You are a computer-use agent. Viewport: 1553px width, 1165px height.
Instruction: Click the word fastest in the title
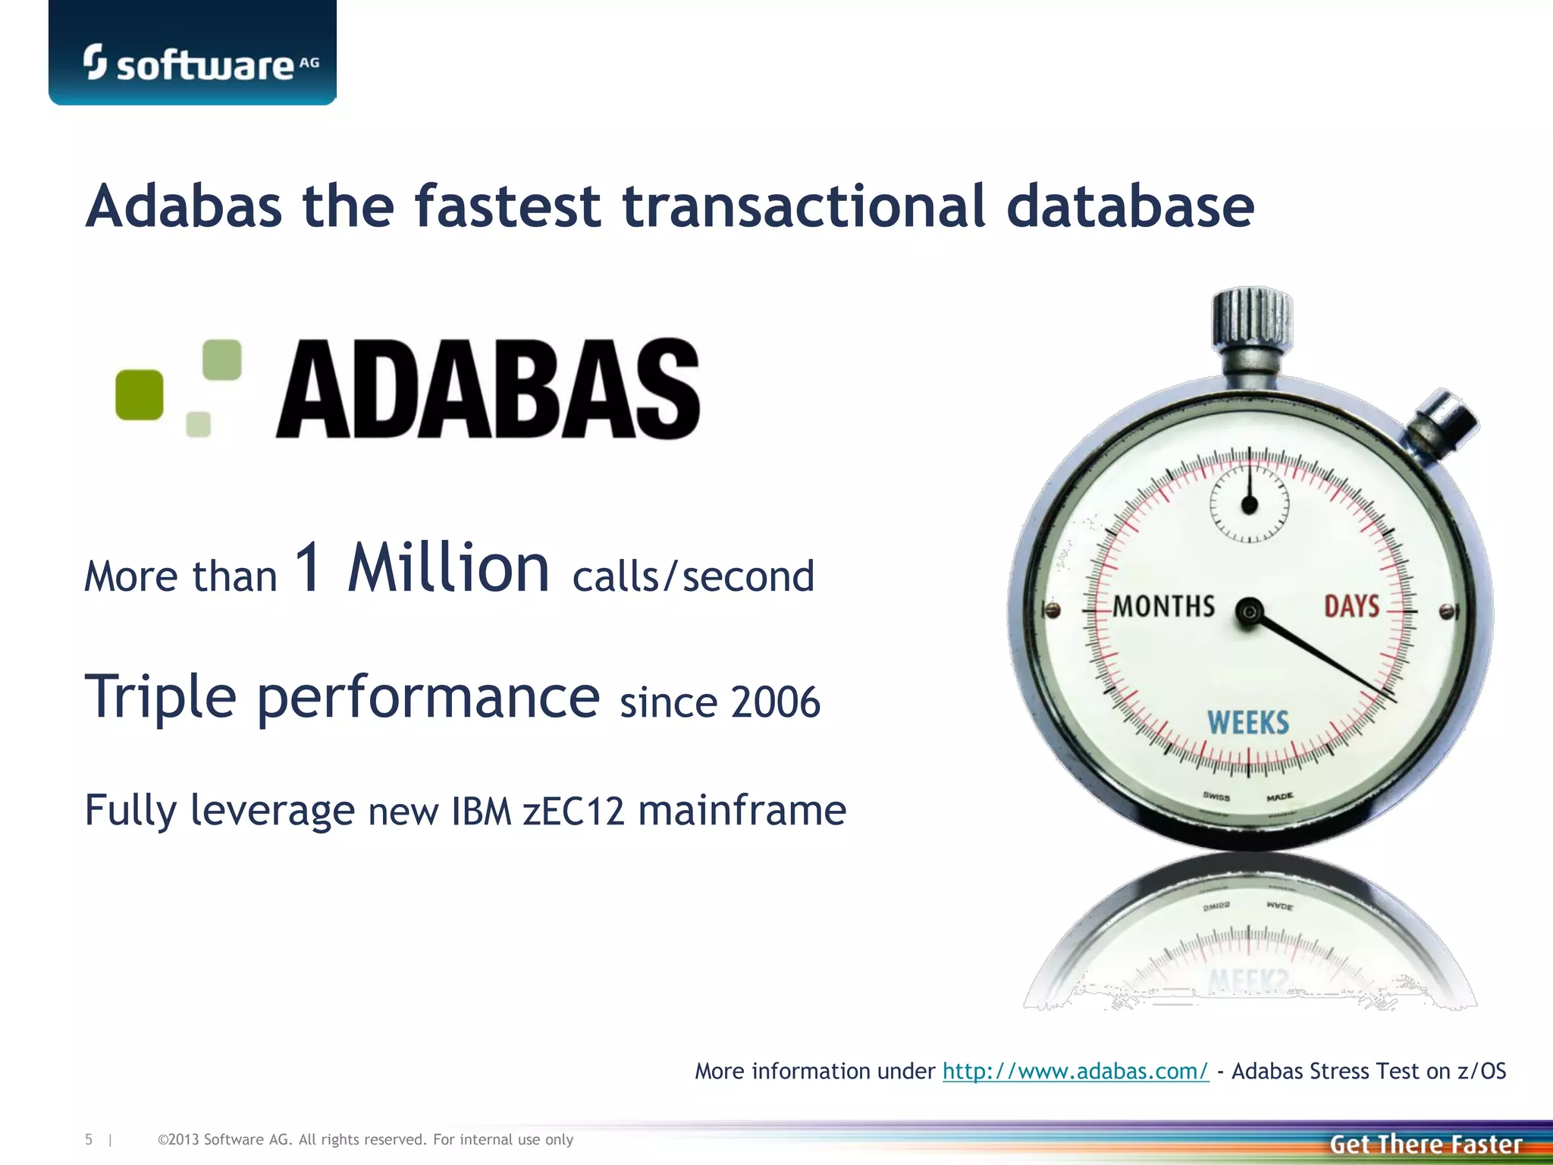click(507, 206)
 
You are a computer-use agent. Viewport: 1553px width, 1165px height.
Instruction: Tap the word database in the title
click(1130, 206)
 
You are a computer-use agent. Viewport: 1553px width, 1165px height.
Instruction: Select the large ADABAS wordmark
click(488, 389)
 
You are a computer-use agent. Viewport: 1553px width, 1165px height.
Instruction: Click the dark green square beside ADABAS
click(140, 394)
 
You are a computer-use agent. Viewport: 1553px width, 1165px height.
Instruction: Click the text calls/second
click(693, 576)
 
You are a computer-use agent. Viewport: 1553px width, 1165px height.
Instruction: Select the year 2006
click(776, 702)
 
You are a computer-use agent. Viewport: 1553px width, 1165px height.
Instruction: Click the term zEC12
click(573, 812)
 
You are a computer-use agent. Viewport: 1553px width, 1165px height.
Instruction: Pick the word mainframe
click(742, 810)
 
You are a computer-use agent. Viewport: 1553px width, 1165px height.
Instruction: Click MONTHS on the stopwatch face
click(1164, 607)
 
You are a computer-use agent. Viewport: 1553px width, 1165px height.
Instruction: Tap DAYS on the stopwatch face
click(1351, 607)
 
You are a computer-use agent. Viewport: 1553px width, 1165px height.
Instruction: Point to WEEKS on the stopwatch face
click(1248, 723)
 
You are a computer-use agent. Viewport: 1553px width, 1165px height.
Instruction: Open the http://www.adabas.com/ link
click(1075, 1071)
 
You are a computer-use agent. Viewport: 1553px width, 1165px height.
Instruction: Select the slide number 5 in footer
click(89, 1139)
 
